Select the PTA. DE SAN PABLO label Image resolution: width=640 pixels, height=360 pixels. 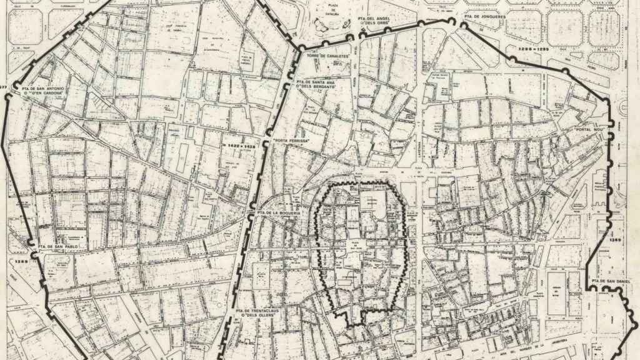pyautogui.click(x=56, y=246)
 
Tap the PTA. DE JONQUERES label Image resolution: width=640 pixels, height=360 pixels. pyautogui.click(x=485, y=16)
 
